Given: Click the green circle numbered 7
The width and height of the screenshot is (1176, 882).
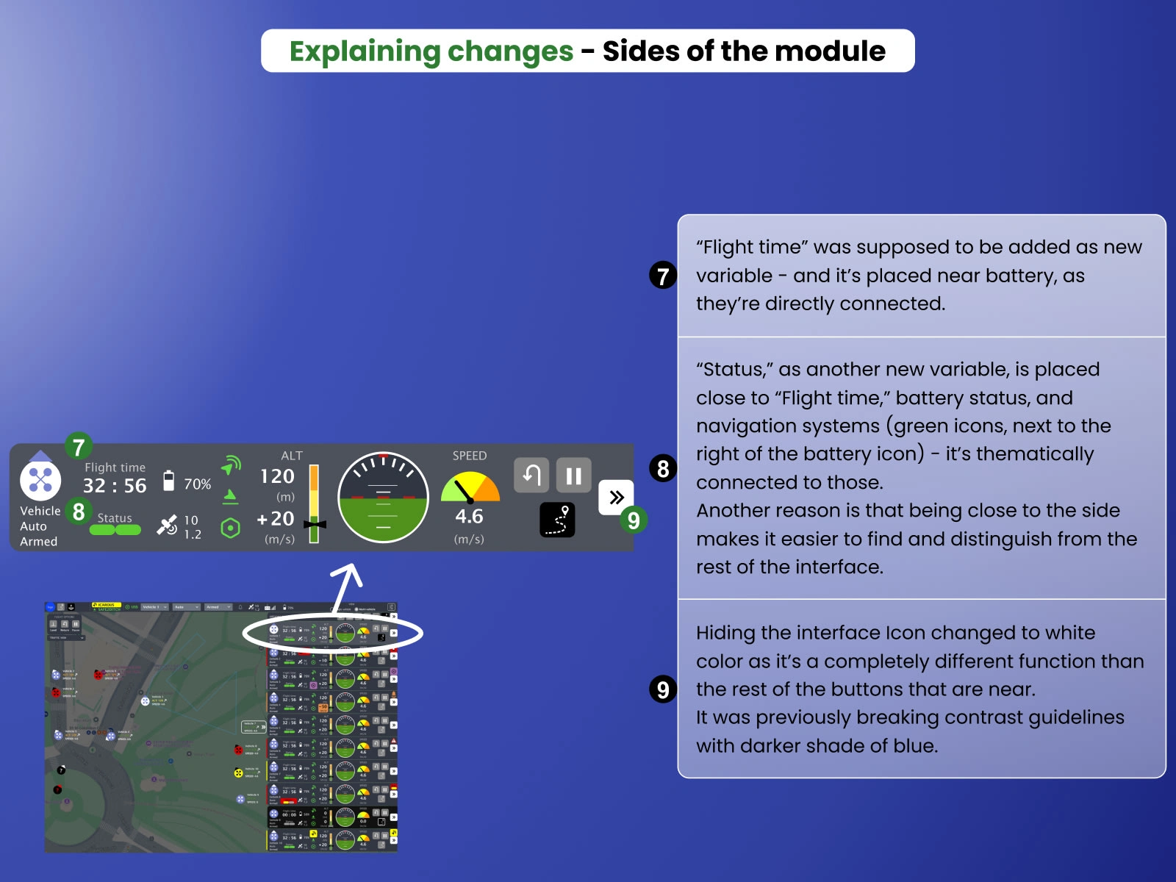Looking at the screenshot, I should pyautogui.click(x=79, y=446).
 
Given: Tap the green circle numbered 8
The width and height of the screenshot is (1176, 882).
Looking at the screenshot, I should pyautogui.click(x=79, y=512).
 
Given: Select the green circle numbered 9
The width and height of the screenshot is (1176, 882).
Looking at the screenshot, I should pyautogui.click(x=633, y=520).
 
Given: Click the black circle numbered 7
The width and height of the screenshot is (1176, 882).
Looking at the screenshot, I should pyautogui.click(x=663, y=276).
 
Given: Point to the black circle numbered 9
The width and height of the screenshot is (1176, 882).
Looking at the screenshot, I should pyautogui.click(x=663, y=689).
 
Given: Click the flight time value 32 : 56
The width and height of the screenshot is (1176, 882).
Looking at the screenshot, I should pyautogui.click(x=115, y=486).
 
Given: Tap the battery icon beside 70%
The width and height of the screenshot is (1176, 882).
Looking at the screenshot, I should pyautogui.click(x=168, y=481).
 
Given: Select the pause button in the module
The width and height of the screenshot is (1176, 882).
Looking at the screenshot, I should pyautogui.click(x=573, y=476).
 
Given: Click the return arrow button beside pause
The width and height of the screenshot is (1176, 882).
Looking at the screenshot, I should pyautogui.click(x=531, y=476).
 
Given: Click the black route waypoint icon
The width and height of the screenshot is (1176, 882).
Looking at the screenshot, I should pyautogui.click(x=557, y=520).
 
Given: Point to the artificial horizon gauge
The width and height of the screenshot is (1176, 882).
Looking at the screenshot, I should pyautogui.click(x=383, y=498).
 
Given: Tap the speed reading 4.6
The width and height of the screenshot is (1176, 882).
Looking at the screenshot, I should pyautogui.click(x=469, y=517).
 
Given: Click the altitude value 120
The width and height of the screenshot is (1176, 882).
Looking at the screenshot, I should pyautogui.click(x=277, y=476).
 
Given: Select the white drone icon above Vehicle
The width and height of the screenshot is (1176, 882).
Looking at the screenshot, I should pyautogui.click(x=40, y=480).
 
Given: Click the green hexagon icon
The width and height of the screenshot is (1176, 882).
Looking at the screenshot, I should pyautogui.click(x=230, y=528).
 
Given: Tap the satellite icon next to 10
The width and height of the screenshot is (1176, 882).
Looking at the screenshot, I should pyautogui.click(x=167, y=525).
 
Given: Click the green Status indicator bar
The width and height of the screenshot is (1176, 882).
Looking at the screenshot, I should pyautogui.click(x=115, y=530).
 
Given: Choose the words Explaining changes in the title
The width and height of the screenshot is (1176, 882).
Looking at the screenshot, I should pyautogui.click(x=431, y=51).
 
